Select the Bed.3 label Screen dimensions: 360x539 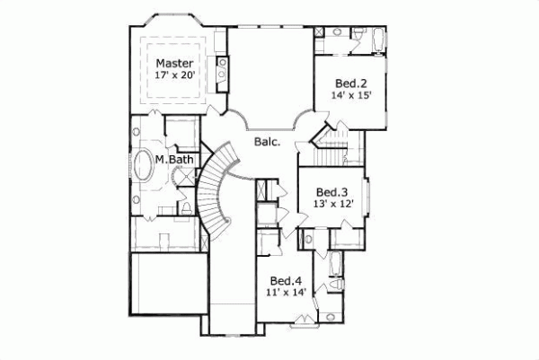(x=332, y=191)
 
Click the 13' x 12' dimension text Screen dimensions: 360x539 (x=332, y=204)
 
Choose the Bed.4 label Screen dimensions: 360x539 (x=287, y=279)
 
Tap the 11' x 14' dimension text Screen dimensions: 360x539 (x=287, y=292)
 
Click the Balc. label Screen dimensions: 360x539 (x=267, y=142)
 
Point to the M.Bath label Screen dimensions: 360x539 (x=172, y=160)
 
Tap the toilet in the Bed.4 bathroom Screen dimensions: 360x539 (x=337, y=285)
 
